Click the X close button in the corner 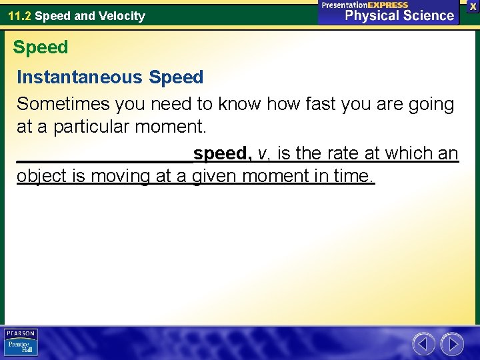coord(473,5)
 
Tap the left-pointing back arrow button coord(423,344)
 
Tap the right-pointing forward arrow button coord(452,344)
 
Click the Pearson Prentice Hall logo coord(21,342)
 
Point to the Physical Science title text coord(399,15)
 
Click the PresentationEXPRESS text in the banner coord(365,5)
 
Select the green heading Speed coord(41,47)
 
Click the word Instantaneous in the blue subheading coord(79,77)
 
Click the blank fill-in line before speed coord(104,159)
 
